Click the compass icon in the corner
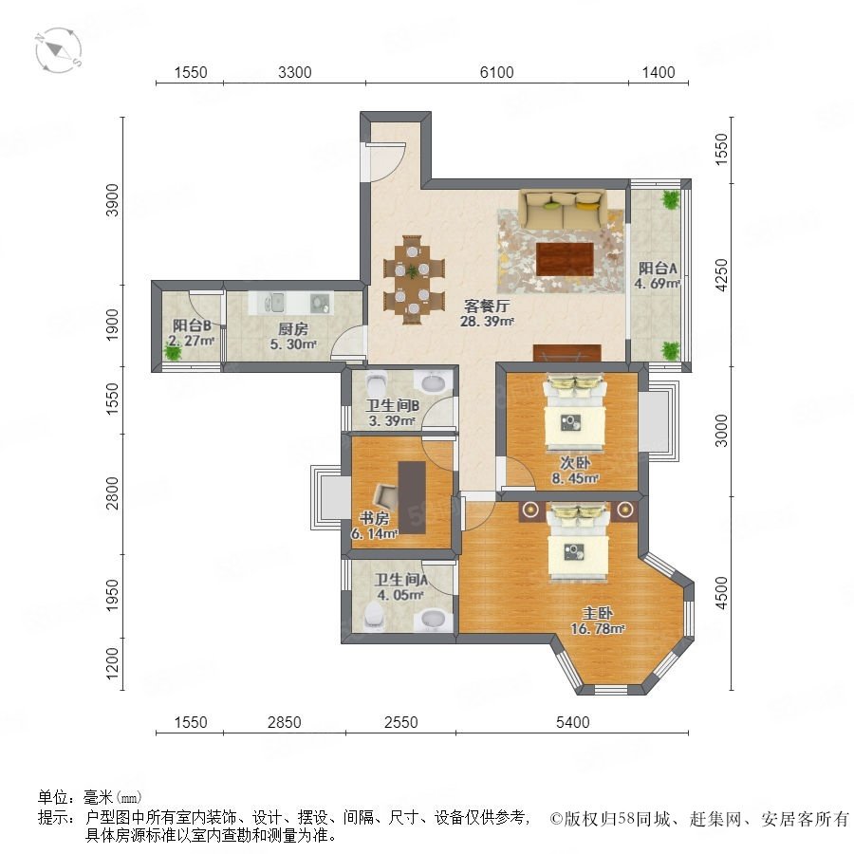point(59,50)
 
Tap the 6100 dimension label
point(496,72)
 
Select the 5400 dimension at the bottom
point(573,722)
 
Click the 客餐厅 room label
point(487,306)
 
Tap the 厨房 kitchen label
point(293,329)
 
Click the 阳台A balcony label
point(658,268)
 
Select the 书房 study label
point(374,518)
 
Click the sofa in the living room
point(563,210)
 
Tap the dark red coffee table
point(565,259)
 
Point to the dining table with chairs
point(414,279)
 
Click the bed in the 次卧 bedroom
point(575,413)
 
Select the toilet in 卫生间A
point(374,616)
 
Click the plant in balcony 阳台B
point(174,352)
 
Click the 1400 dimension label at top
point(659,72)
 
